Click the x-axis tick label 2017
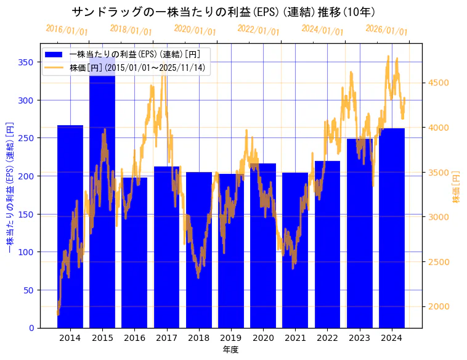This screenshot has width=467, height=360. (x=166, y=338)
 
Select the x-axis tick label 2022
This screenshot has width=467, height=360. (x=327, y=338)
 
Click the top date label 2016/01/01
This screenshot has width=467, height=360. (x=67, y=30)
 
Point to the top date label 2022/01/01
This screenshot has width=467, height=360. (x=259, y=30)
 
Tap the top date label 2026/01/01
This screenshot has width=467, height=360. (x=387, y=30)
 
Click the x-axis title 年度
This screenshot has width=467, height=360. (x=230, y=350)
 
